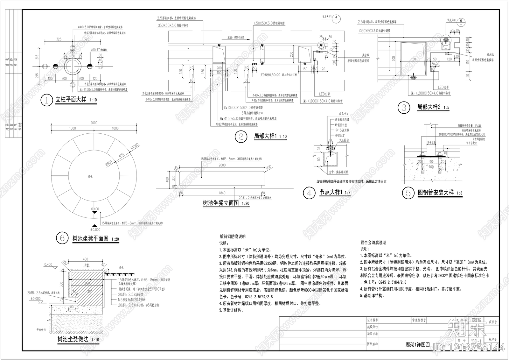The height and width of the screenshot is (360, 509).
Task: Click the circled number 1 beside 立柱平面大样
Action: coord(47,101)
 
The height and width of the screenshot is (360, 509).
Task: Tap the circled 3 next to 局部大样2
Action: coord(404,108)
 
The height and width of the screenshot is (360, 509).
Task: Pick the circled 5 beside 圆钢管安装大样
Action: coord(408,193)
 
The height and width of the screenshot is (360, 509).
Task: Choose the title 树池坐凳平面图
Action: coord(91,238)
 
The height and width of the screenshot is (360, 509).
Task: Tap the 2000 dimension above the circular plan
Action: coord(94,123)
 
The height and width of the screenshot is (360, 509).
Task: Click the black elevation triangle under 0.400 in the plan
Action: coord(95,215)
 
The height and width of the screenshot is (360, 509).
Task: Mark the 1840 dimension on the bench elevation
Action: coord(222,193)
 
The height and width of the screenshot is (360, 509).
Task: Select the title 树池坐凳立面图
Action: coord(220,203)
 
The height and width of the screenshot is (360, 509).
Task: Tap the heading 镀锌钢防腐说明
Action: coord(233,237)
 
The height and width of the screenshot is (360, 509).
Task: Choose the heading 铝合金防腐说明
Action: coord(373,243)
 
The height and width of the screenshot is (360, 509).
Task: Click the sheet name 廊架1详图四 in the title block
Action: coord(418,344)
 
